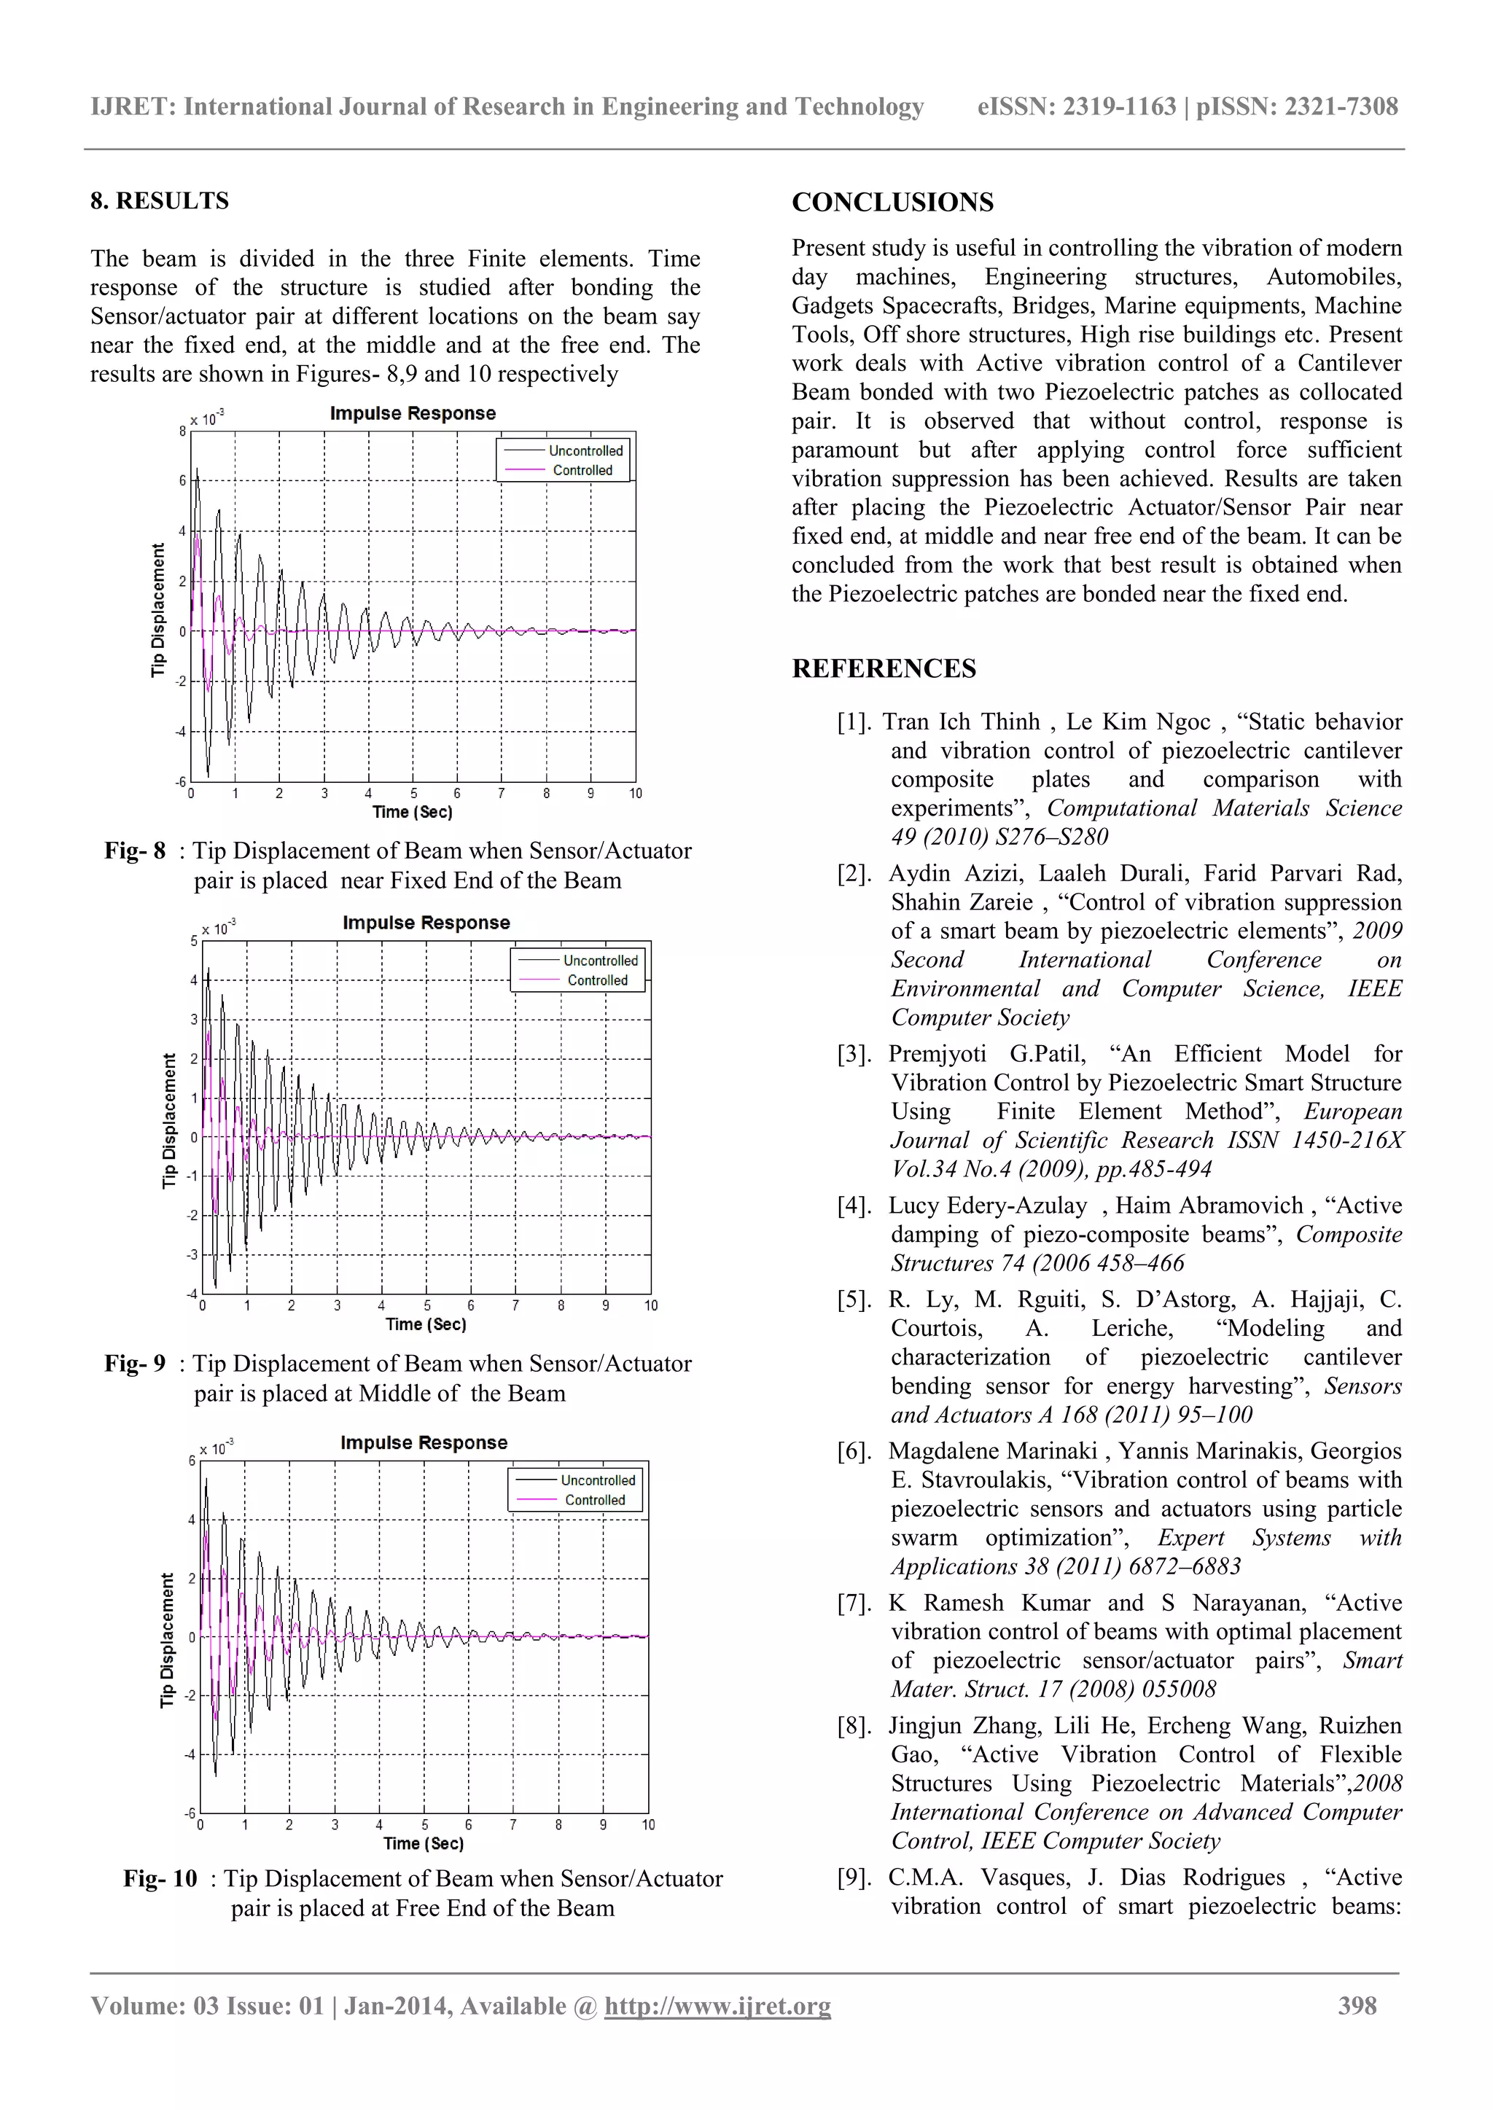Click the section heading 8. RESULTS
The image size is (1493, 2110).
click(159, 200)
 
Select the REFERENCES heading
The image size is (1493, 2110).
click(884, 668)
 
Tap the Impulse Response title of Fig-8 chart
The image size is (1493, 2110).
click(413, 413)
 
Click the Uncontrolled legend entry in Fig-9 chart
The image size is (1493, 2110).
click(599, 961)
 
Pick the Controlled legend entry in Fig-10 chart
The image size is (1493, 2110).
click(594, 1500)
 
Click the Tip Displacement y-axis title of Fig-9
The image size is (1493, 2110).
click(168, 1120)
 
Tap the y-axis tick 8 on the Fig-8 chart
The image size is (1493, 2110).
click(182, 431)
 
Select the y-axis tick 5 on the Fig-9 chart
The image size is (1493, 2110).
click(194, 941)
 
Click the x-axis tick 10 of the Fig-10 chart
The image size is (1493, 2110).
click(647, 1824)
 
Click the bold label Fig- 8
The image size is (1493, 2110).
click(134, 851)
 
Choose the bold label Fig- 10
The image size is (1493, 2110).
click(160, 1878)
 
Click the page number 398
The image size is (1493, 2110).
click(1357, 2005)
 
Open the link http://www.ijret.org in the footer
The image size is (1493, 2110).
click(717, 2005)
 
